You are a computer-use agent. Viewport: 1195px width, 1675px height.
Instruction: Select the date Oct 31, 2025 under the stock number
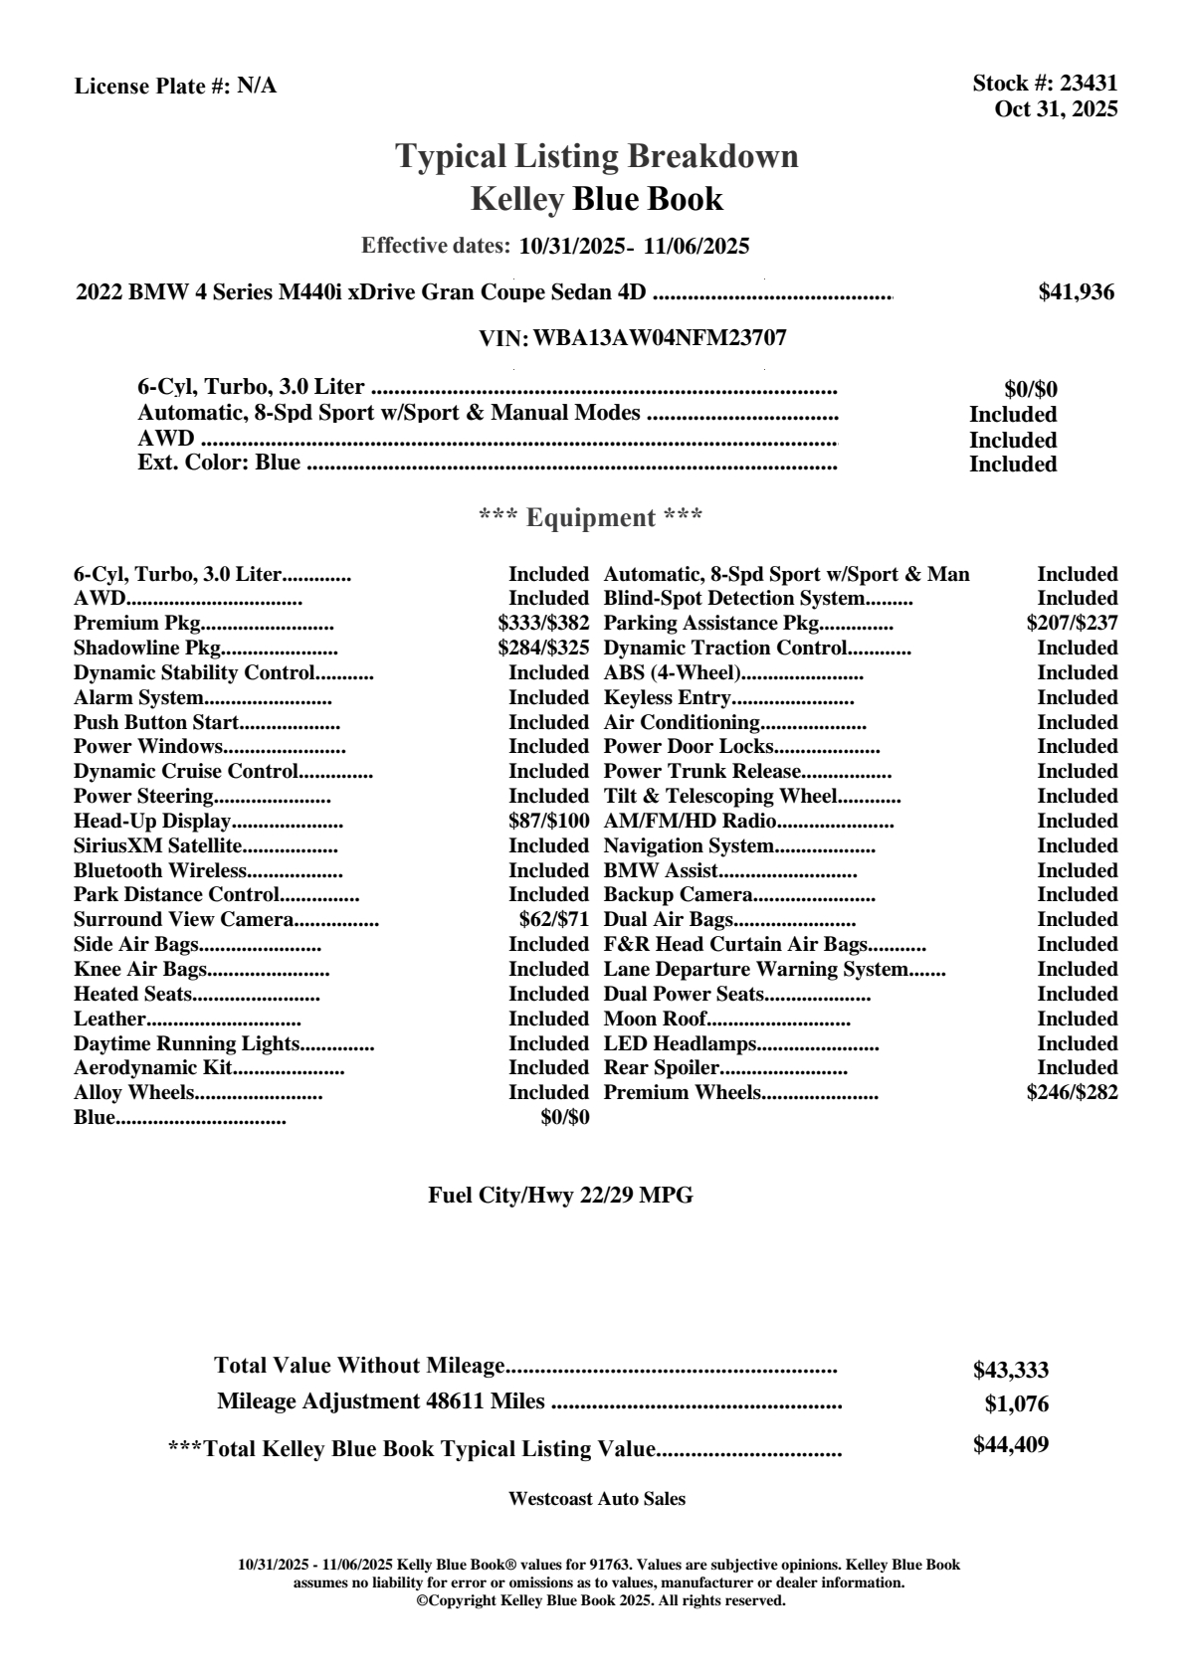click(1056, 109)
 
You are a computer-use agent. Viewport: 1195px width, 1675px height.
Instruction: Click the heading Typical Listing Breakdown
click(597, 156)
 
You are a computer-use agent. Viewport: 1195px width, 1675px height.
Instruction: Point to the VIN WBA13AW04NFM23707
click(660, 338)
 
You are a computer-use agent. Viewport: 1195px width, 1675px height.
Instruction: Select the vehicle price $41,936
click(1076, 292)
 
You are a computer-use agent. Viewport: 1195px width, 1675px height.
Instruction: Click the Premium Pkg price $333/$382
click(543, 624)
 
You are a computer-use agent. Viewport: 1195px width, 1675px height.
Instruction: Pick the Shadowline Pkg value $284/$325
click(543, 649)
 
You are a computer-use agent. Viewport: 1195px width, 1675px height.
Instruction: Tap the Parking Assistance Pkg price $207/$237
click(1072, 624)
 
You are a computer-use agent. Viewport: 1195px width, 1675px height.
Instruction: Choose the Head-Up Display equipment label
click(152, 822)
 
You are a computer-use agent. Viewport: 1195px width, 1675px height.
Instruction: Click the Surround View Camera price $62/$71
click(554, 920)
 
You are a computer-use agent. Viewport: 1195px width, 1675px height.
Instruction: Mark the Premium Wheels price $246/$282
click(1072, 1093)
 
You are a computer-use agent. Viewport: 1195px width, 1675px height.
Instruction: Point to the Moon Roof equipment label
click(655, 1019)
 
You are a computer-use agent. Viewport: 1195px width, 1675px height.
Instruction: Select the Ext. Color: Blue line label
click(219, 463)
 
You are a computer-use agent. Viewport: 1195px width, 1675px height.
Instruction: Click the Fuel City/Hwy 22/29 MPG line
click(560, 1196)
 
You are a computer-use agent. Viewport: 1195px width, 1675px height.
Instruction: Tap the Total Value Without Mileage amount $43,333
click(1010, 1371)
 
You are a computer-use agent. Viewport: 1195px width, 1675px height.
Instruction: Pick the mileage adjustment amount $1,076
click(1016, 1405)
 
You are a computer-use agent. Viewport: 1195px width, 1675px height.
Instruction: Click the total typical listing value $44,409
click(1010, 1445)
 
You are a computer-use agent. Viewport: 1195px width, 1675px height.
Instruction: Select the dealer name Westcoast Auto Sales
click(596, 1499)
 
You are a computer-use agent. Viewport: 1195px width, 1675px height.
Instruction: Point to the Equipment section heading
click(591, 518)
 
